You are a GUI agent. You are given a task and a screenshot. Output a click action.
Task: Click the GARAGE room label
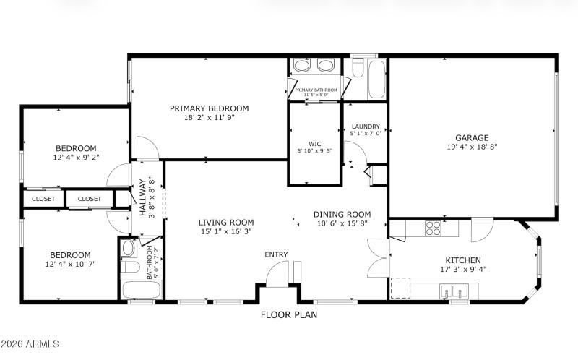click(x=471, y=137)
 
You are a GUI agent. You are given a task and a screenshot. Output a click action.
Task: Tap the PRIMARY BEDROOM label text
click(x=209, y=108)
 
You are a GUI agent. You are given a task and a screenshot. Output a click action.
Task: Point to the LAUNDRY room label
click(x=365, y=127)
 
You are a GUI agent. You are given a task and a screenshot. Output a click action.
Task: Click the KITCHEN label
click(x=463, y=260)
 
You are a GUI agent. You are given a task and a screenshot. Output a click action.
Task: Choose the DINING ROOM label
click(x=342, y=214)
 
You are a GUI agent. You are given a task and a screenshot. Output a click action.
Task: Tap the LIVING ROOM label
click(x=226, y=223)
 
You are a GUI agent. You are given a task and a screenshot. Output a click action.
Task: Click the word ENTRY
click(x=276, y=254)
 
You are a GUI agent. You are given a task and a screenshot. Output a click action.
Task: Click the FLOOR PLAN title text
click(x=289, y=315)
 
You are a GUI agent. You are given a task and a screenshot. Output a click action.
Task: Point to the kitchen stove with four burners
click(x=433, y=228)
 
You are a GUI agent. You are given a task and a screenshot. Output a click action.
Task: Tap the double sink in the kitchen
click(x=455, y=293)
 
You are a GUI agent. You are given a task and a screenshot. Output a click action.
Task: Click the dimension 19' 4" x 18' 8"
click(x=472, y=147)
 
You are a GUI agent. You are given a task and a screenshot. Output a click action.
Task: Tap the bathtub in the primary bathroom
click(x=377, y=79)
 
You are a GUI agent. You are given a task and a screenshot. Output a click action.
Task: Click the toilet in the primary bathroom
click(x=357, y=69)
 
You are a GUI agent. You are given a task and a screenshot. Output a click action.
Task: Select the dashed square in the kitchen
click(x=400, y=287)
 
